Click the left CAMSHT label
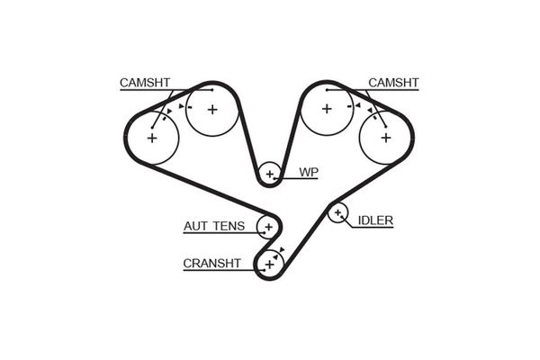click(145, 83)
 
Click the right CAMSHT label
click(393, 83)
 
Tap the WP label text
click(309, 172)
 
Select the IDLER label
click(375, 220)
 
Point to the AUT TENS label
click(214, 226)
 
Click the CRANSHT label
click(211, 264)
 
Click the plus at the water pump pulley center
click(270, 174)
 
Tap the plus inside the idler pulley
click(337, 213)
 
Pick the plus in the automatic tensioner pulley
click(268, 227)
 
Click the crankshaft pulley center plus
click(269, 265)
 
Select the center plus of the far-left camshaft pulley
click(152, 138)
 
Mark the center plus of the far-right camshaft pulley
click(386, 138)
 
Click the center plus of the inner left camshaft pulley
click(212, 110)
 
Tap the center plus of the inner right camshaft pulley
click(327, 109)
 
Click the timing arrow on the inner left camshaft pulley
click(181, 106)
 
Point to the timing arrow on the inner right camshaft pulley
click(358, 105)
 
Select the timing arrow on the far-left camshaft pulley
click(169, 112)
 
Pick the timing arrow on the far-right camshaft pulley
click(370, 110)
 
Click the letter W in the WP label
click(305, 172)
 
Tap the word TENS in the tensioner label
click(229, 226)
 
